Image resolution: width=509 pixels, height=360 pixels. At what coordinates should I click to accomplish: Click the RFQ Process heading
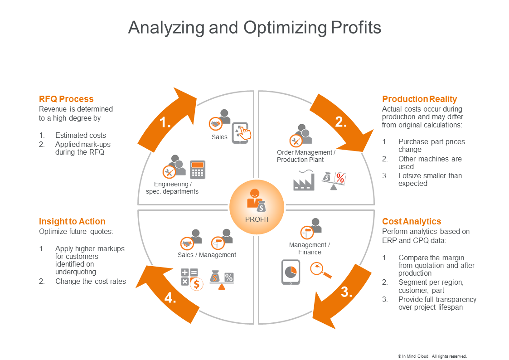click(x=66, y=99)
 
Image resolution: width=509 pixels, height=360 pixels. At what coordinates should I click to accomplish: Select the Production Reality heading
click(x=419, y=99)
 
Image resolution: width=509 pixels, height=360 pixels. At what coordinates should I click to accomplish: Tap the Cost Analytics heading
click(x=412, y=221)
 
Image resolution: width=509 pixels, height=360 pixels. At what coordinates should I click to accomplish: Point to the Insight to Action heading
click(x=72, y=221)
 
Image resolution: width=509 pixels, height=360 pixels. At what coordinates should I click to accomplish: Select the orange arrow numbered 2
click(x=341, y=122)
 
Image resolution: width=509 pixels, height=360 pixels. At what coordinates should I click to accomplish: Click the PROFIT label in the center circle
click(x=257, y=219)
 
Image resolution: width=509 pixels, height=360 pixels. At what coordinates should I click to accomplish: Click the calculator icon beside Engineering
click(x=197, y=170)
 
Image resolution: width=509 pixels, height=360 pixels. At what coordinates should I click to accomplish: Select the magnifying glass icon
click(x=320, y=270)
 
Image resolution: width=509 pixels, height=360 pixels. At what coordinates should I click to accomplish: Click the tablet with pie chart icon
click(x=291, y=272)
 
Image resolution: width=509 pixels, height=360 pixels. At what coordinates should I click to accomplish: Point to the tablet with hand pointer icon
click(x=241, y=132)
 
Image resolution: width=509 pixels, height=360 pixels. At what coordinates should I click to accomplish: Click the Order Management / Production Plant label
click(x=306, y=156)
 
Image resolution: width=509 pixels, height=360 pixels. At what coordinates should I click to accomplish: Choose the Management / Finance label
click(x=310, y=248)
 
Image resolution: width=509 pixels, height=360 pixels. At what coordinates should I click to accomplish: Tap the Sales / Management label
click(x=207, y=255)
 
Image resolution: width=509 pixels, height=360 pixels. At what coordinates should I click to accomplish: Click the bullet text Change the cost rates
click(x=91, y=282)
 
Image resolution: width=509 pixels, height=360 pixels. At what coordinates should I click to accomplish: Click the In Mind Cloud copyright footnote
click(x=432, y=356)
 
